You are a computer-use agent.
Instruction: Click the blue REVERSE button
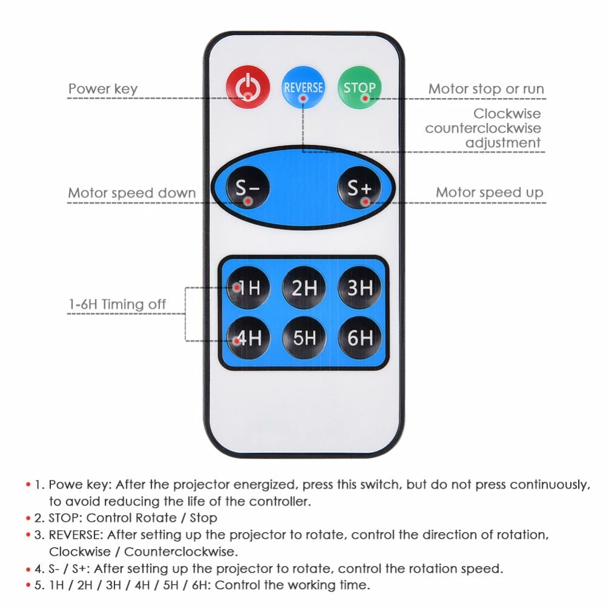pos(304,87)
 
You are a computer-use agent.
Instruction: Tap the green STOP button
pos(359,87)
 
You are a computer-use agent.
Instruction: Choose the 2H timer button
pos(304,287)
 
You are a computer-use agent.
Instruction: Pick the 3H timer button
pos(360,287)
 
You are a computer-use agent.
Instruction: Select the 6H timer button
pos(360,338)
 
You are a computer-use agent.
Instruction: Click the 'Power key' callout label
pos(102,89)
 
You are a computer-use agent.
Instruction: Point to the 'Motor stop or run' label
pos(486,89)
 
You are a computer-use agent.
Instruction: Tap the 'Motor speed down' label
pos(132,193)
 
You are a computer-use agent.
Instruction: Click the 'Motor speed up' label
pos(490,193)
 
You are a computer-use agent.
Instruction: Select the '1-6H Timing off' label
pos(117,304)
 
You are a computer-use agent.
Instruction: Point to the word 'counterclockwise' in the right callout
pos(483,128)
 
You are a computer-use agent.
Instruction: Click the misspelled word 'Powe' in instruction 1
pos(62,485)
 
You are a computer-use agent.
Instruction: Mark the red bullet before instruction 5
pos(28,585)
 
